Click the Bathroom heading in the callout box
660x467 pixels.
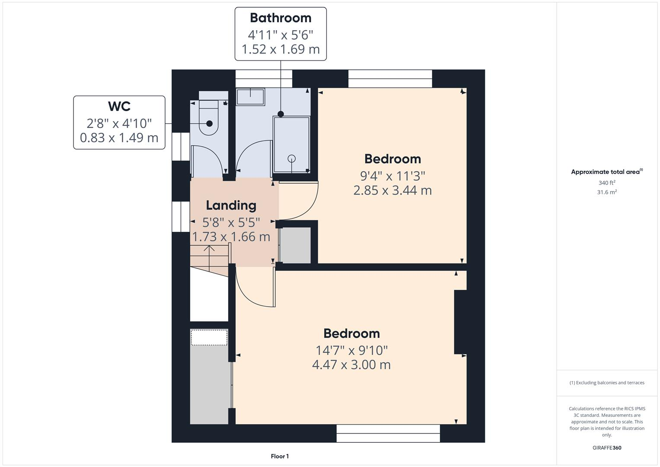(x=281, y=18)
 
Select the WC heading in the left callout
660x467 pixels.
(x=119, y=106)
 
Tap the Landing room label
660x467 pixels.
(x=231, y=205)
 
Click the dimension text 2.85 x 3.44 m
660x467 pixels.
(x=392, y=190)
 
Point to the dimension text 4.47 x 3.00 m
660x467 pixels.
(x=351, y=365)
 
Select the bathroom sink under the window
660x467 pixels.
(x=251, y=97)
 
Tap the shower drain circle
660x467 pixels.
(x=292, y=158)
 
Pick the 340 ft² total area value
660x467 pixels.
(x=607, y=183)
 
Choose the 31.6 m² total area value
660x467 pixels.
(x=607, y=192)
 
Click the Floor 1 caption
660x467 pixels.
(x=280, y=456)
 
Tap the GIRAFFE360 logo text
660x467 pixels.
(x=607, y=448)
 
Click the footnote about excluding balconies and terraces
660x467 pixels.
(x=607, y=383)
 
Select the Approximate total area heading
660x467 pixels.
(x=606, y=172)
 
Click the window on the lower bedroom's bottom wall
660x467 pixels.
(x=388, y=433)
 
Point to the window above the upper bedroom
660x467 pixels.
(x=390, y=79)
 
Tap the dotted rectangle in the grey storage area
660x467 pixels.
(x=209, y=337)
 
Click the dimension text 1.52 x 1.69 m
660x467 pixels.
(x=281, y=49)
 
